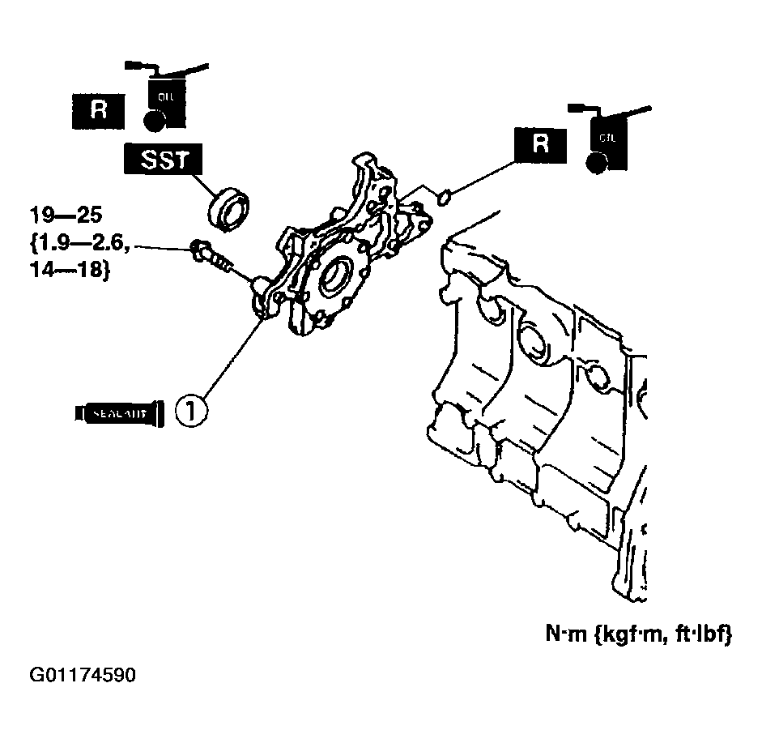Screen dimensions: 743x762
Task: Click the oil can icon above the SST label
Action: coord(165,93)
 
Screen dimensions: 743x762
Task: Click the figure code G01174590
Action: coord(83,676)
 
